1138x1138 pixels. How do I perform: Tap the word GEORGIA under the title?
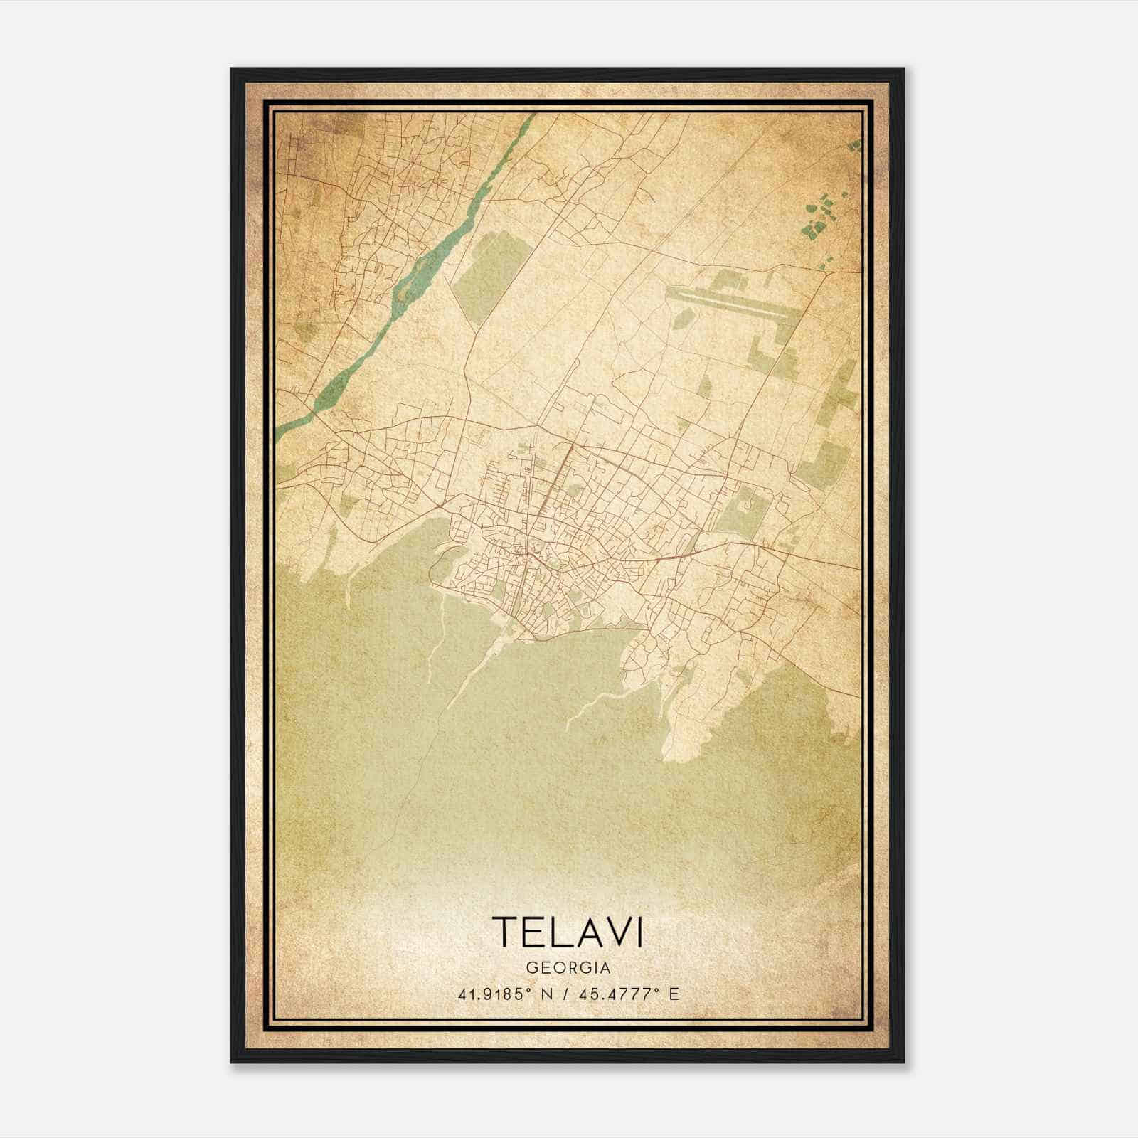click(x=568, y=968)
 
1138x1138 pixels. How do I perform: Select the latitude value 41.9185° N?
click(x=500, y=994)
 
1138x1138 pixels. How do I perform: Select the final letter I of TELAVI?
click(x=639, y=932)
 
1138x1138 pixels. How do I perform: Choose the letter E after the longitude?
click(x=674, y=994)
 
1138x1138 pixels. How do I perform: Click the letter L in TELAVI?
click(x=560, y=932)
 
